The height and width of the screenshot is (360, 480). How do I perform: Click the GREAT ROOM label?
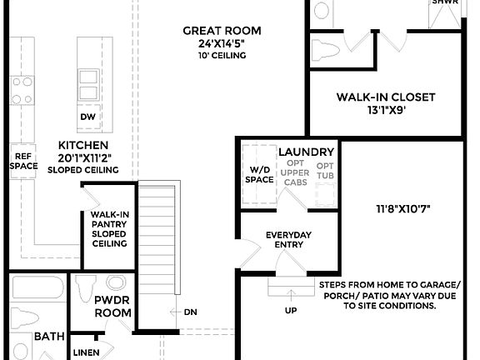(x=216, y=31)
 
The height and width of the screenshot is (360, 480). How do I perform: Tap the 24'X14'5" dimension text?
(x=216, y=43)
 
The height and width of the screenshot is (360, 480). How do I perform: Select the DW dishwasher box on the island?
(x=87, y=117)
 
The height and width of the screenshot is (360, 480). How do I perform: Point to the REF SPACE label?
(x=22, y=160)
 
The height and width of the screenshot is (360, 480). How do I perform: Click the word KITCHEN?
(x=83, y=145)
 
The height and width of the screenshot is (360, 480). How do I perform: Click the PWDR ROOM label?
(x=112, y=307)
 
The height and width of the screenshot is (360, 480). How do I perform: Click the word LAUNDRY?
(x=306, y=152)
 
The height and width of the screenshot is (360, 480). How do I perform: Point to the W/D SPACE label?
(x=260, y=174)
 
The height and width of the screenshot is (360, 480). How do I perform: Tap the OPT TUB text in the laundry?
(x=325, y=171)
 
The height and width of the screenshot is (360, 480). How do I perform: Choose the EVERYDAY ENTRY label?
(x=288, y=240)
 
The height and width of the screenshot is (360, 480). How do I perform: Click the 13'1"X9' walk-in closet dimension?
(x=386, y=110)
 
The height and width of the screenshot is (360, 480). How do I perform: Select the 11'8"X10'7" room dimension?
(x=402, y=207)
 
